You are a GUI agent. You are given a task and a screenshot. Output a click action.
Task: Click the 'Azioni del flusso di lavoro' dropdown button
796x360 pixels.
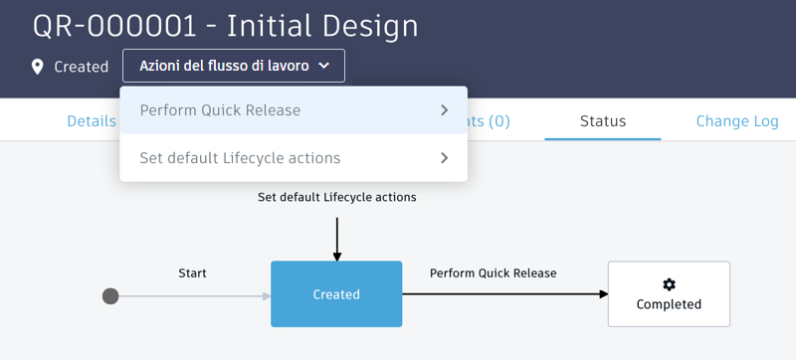(x=233, y=66)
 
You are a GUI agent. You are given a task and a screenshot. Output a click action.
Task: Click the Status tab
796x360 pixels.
(x=603, y=121)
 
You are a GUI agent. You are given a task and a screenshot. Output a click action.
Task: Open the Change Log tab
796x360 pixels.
(x=736, y=121)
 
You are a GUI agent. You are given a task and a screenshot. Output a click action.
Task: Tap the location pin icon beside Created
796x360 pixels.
(x=38, y=67)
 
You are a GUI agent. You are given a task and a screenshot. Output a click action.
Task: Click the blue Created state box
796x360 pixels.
(x=336, y=294)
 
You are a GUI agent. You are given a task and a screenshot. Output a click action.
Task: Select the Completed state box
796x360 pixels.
(x=669, y=294)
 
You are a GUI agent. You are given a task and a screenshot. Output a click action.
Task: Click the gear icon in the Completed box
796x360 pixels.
(x=669, y=284)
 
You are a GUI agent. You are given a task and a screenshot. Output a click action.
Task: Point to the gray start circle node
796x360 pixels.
(x=110, y=295)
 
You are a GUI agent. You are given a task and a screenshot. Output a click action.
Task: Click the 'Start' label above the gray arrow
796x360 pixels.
(x=192, y=272)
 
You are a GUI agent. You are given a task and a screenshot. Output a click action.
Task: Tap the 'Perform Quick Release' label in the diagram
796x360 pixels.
(x=493, y=272)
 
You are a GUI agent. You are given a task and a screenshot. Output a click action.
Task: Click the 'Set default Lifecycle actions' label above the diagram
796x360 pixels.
(x=336, y=197)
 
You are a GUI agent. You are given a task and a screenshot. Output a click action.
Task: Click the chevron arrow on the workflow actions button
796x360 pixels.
(x=323, y=67)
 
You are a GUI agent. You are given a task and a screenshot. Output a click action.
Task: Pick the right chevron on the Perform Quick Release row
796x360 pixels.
(x=444, y=110)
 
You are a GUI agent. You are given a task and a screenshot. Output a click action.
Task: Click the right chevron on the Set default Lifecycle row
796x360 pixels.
(x=444, y=158)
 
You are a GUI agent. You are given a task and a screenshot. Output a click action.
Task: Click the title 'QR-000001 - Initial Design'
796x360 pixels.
(x=226, y=26)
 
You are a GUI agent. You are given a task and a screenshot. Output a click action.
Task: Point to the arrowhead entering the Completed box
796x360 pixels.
(x=602, y=294)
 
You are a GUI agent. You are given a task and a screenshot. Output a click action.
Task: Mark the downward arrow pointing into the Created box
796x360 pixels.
(x=336, y=255)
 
